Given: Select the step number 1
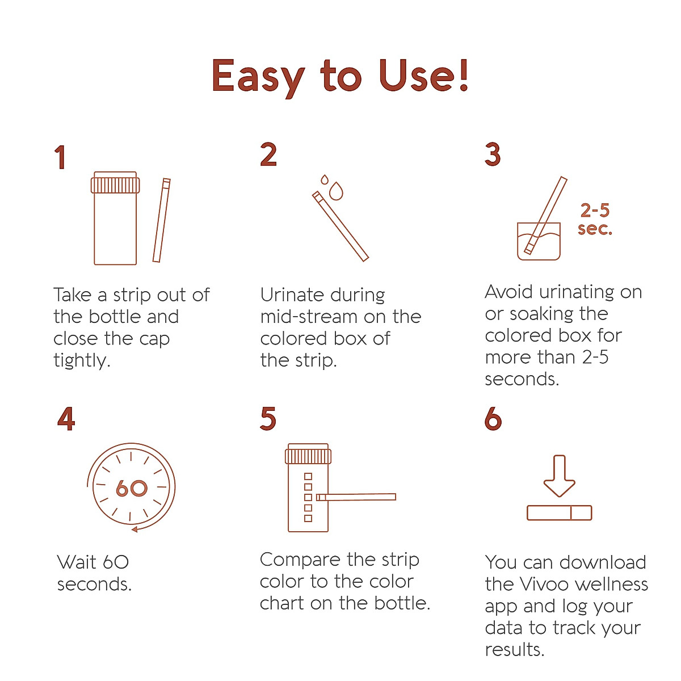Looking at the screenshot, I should tap(60, 157).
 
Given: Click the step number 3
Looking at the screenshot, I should tap(493, 154).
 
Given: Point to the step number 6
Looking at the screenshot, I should tap(493, 419).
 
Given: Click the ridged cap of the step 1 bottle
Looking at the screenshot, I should tap(115, 184).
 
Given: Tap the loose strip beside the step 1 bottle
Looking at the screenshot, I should tap(161, 221).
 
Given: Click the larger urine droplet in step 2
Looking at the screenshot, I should tap(337, 191).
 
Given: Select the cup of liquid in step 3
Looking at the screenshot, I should tap(539, 242).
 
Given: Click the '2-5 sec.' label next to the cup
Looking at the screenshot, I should tap(595, 220).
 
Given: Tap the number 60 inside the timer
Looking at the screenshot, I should tap(131, 488).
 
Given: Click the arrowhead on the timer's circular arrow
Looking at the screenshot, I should tap(135, 529).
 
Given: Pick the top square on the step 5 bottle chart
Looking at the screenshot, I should tap(308, 476).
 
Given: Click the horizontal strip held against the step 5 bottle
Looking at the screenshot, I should tap(356, 497).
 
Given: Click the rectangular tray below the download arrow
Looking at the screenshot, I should tap(559, 513).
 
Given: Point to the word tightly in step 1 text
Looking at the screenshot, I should tap(81, 361).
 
